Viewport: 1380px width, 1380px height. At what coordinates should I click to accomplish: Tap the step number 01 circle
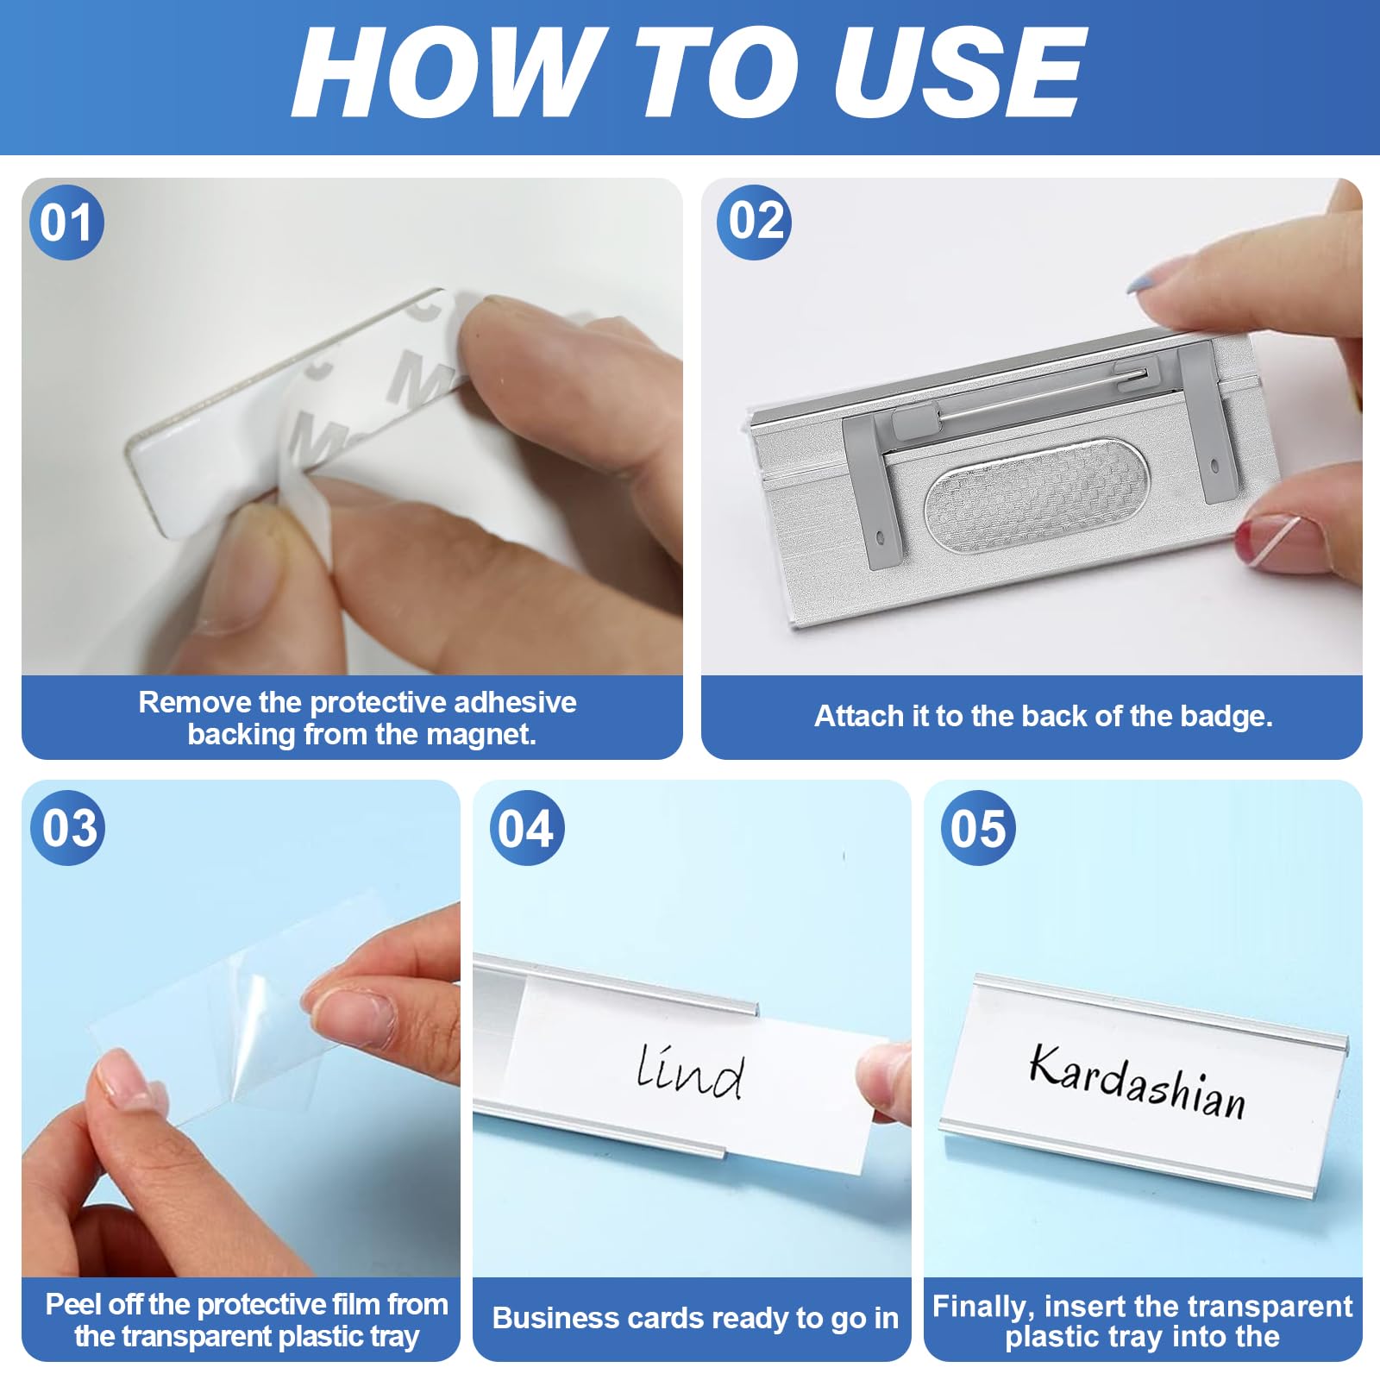pos(66,223)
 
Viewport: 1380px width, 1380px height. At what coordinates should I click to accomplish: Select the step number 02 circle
pos(755,222)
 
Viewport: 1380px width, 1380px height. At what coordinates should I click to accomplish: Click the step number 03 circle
pos(68,828)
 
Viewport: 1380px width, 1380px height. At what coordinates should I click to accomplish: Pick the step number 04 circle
pos(526,828)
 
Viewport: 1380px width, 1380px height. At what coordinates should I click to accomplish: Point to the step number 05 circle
pos(977,828)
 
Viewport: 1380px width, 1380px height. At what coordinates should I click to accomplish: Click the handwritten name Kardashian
pos(1138,1082)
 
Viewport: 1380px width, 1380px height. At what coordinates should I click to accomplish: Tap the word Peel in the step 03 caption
pos(73,1304)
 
